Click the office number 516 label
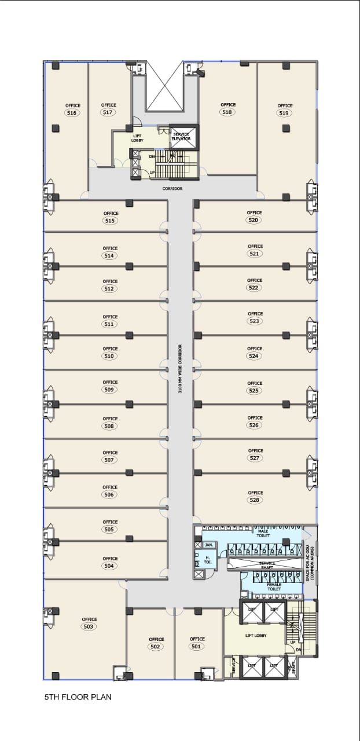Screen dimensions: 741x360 pyautogui.click(x=73, y=113)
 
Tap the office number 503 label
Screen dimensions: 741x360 pyautogui.click(x=89, y=626)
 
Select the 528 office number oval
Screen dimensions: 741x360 pyautogui.click(x=255, y=500)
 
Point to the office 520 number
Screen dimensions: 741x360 pyautogui.click(x=254, y=220)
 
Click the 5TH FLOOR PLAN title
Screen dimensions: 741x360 pyautogui.click(x=78, y=698)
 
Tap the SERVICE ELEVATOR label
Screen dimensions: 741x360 pyautogui.click(x=181, y=137)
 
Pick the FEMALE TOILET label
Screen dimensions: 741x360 pyautogui.click(x=274, y=586)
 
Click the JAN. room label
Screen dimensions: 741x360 pyautogui.click(x=210, y=545)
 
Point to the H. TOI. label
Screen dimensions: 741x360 pyautogui.click(x=208, y=559)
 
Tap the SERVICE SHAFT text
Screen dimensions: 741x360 pyautogui.click(x=267, y=565)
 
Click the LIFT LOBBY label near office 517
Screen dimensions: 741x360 pyautogui.click(x=137, y=138)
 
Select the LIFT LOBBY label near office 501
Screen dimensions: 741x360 pyautogui.click(x=256, y=636)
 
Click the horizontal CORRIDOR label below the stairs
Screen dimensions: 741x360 pyautogui.click(x=172, y=189)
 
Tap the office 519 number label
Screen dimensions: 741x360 pyautogui.click(x=284, y=113)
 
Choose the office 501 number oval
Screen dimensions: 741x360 pyautogui.click(x=197, y=646)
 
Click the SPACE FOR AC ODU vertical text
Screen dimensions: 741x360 pyautogui.click(x=310, y=563)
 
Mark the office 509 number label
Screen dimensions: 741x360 pyautogui.click(x=110, y=390)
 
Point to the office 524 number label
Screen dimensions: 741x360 pyautogui.click(x=254, y=356)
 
